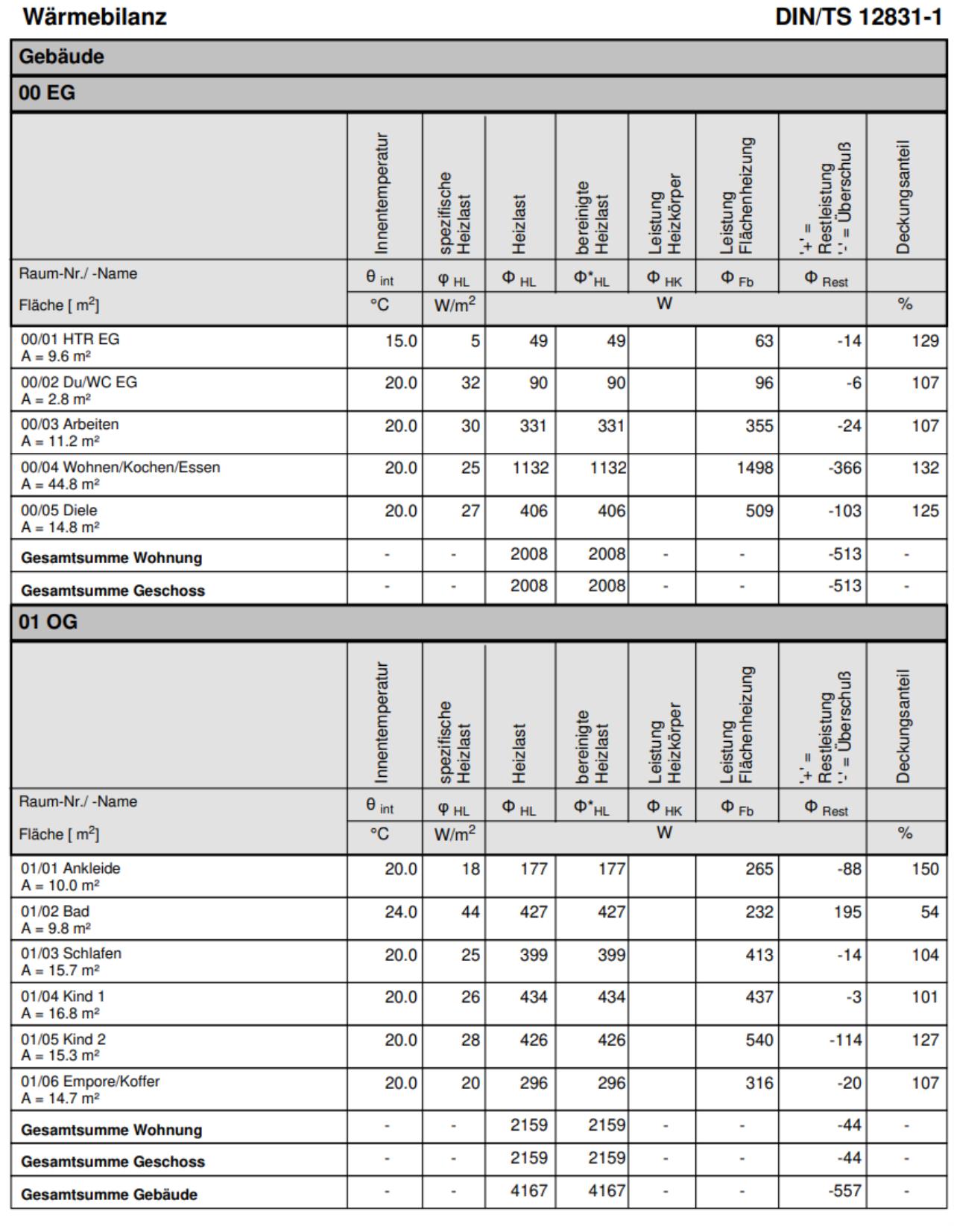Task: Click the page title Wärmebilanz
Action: (95, 16)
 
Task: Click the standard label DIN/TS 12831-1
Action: (859, 16)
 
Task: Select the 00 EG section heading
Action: (47, 93)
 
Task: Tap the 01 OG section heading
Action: (48, 622)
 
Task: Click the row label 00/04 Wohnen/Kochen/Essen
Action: (120, 468)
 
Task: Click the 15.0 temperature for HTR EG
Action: (400, 340)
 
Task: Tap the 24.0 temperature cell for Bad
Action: (400, 912)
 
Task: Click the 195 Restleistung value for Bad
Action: (847, 912)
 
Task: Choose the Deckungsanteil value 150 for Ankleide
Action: (924, 868)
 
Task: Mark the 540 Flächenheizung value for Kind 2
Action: (759, 1039)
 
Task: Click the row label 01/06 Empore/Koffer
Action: (90, 1081)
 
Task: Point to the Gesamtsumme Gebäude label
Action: (109, 1194)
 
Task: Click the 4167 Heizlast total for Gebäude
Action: (528, 1191)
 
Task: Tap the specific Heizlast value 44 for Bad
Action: (470, 912)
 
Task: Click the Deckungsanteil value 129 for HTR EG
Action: (924, 340)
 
